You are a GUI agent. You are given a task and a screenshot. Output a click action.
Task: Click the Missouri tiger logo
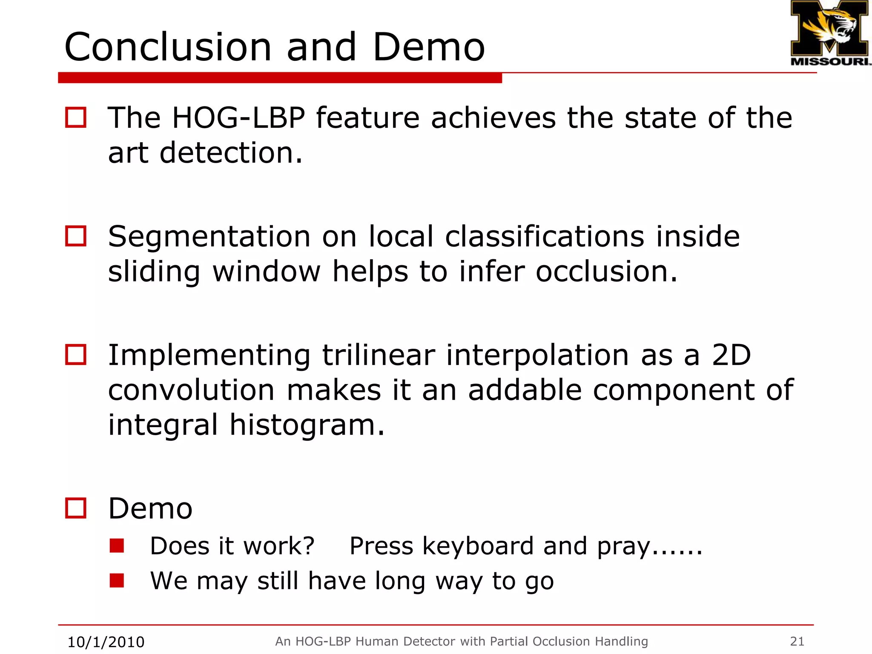click(829, 32)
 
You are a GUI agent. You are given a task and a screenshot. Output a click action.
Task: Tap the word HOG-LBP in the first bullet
click(238, 118)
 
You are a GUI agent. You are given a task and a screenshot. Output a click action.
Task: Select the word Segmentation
click(209, 237)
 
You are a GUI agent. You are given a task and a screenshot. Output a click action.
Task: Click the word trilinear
click(378, 355)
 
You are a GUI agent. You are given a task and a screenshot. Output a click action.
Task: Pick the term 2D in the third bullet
click(731, 355)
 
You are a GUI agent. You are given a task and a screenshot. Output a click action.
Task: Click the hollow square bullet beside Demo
click(76, 508)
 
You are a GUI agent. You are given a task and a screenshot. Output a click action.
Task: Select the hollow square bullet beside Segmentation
click(76, 236)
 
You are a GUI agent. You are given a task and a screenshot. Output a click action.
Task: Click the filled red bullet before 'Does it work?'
click(117, 545)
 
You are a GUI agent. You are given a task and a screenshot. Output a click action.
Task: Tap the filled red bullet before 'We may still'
click(117, 580)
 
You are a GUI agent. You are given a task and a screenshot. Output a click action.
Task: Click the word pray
click(623, 547)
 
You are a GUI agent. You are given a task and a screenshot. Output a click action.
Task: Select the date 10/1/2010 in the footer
click(106, 642)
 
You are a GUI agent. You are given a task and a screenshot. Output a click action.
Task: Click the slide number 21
click(797, 641)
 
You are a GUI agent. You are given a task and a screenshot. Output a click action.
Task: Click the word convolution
click(191, 390)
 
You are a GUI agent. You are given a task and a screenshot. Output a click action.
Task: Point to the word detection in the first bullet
click(231, 153)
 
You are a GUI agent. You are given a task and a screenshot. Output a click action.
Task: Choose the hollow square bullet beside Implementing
click(76, 355)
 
